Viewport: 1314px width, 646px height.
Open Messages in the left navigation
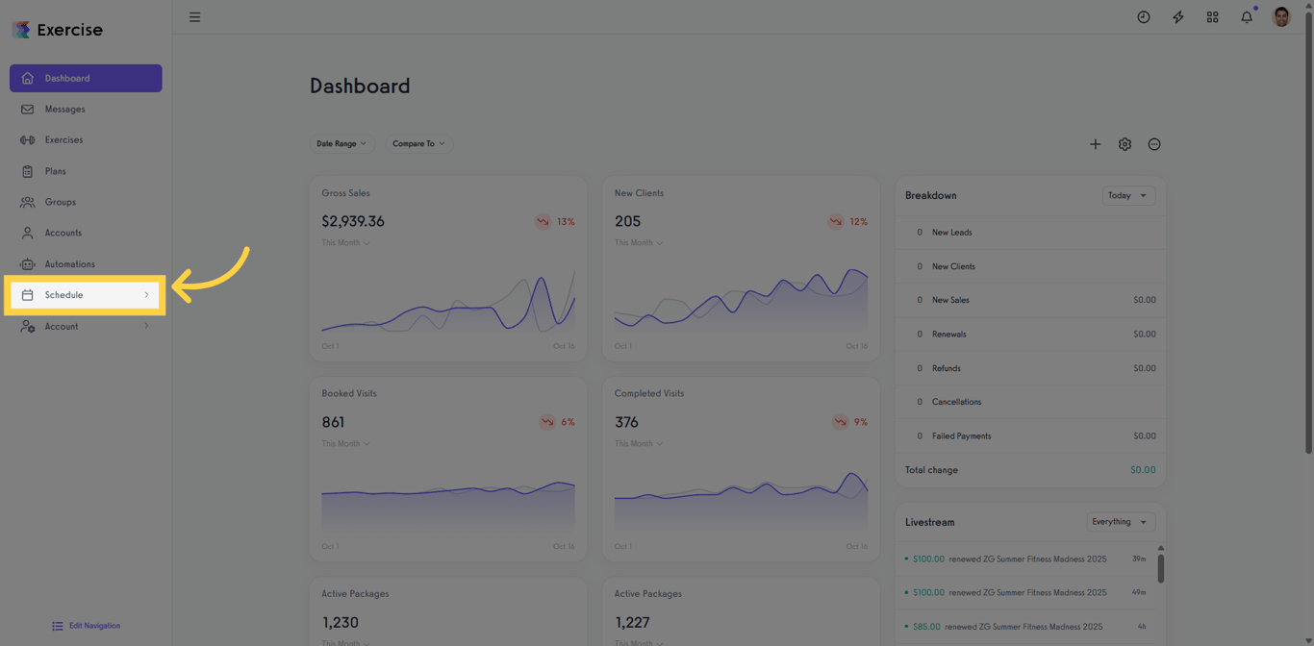pos(64,110)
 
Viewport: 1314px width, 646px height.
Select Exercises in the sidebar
pos(63,140)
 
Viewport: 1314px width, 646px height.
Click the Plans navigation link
pos(55,171)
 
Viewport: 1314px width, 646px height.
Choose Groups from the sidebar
pos(60,202)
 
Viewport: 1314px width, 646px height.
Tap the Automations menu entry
pos(69,264)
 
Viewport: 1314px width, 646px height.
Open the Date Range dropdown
pos(341,143)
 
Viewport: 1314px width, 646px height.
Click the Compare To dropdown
pos(418,143)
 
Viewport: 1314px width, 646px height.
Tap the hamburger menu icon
pos(195,17)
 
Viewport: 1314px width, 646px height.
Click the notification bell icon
pos(1247,17)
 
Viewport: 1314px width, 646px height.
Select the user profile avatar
pos(1281,17)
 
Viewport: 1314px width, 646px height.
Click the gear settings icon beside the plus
pos(1124,144)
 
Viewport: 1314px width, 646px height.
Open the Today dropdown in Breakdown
pos(1127,195)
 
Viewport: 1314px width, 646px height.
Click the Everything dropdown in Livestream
pos(1120,522)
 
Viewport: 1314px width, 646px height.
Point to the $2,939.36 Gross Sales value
pos(353,221)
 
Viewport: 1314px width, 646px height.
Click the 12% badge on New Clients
pos(849,222)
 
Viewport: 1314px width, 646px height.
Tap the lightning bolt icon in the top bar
pos(1178,17)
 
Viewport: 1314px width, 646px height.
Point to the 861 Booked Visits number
pos(333,422)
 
